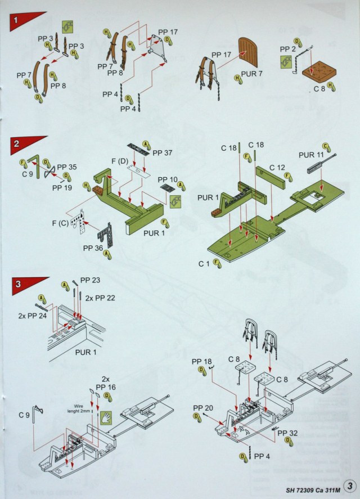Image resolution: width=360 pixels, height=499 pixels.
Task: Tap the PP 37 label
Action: coord(163,152)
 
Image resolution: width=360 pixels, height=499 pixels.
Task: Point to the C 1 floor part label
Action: coord(206,262)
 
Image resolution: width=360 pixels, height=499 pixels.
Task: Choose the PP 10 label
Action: coord(168,179)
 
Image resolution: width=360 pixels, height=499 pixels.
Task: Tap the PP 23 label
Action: coord(91,280)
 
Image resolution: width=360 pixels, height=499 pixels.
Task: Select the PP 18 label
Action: coord(201,361)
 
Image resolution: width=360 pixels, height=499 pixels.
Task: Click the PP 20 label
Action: coord(202,407)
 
